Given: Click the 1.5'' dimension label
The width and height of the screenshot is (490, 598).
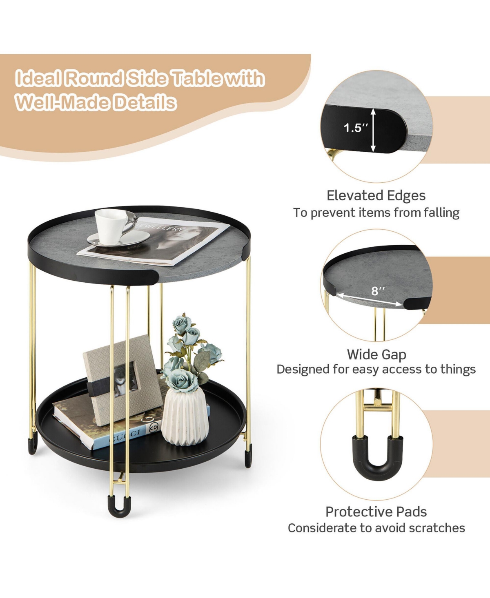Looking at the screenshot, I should pos(355,128).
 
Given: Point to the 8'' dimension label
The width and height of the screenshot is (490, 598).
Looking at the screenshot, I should pos(378,291).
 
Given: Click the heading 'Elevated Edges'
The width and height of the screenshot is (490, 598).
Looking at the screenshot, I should pos(376,196).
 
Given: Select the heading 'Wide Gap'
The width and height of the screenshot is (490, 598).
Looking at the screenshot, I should pos(376,354).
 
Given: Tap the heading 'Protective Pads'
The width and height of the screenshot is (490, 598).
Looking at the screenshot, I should pos(376,512).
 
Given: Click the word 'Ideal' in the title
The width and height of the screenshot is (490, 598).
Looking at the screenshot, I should pos(38,78).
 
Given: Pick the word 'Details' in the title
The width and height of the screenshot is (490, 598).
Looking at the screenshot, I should pos(145,102).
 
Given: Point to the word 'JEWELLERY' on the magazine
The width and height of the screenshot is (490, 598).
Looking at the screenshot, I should pos(161,227).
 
